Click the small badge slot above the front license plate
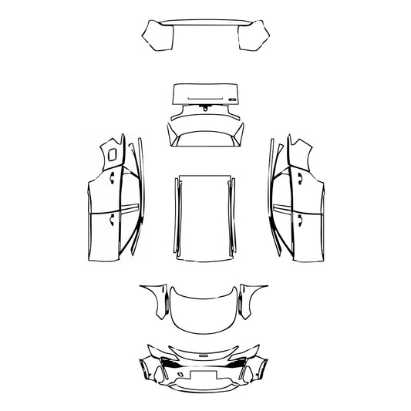[204, 355]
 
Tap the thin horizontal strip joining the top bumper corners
[205, 24]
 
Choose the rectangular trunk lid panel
[204, 95]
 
